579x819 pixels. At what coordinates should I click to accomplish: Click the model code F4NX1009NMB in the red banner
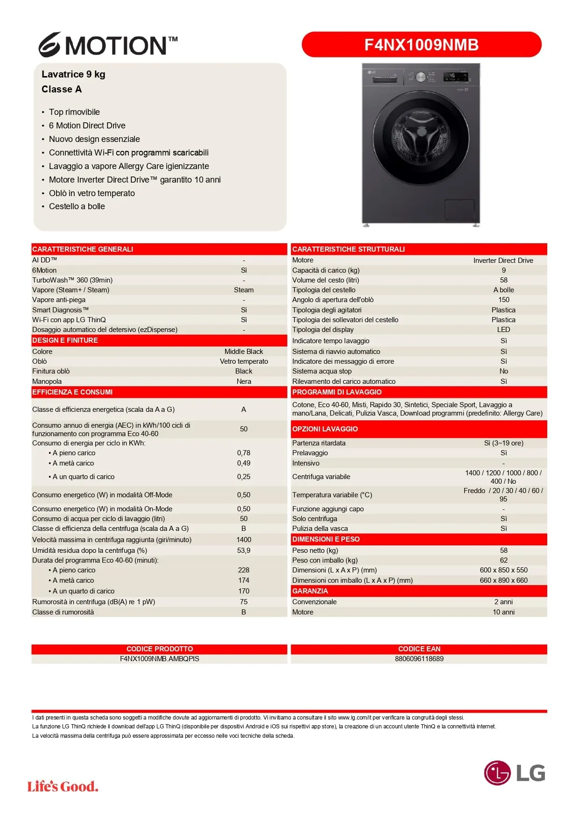421,45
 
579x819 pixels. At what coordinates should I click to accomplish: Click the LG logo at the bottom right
514,773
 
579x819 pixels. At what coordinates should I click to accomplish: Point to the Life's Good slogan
63,786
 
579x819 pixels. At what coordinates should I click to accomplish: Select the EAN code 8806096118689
419,659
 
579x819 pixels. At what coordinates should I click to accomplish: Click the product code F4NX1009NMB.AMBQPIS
159,659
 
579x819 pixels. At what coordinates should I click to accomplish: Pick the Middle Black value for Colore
244,352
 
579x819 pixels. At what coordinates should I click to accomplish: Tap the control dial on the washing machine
421,77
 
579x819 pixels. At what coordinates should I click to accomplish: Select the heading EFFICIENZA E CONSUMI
72,392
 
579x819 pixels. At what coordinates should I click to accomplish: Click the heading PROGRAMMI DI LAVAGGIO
337,392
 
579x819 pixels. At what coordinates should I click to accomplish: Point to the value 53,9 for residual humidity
244,551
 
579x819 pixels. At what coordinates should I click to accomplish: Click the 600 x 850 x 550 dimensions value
503,570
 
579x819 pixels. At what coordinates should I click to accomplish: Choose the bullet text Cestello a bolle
77,206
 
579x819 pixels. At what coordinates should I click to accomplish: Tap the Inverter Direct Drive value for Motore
503,261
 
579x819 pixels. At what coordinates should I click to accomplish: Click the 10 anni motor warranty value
503,612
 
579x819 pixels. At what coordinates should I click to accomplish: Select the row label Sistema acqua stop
322,371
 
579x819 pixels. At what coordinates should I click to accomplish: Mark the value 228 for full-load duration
244,570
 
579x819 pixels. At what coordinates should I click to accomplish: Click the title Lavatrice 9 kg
73,74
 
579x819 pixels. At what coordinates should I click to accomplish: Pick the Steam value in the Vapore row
244,290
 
